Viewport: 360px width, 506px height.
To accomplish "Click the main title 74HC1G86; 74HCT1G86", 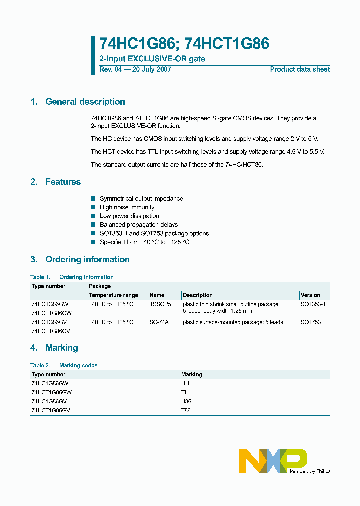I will point(184,44).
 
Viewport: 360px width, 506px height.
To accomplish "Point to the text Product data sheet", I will point(300,69).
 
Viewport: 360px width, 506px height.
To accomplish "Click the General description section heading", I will point(85,102).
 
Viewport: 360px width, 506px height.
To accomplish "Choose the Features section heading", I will point(63,182).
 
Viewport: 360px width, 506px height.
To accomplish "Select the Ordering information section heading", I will point(87,259).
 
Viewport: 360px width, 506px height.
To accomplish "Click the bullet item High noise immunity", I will point(127,207).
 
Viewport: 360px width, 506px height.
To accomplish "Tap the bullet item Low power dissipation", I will point(129,216).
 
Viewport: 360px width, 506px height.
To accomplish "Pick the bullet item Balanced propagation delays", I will point(138,225).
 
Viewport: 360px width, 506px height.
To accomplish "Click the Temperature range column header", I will point(113,295).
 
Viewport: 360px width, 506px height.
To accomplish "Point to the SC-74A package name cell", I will point(159,322).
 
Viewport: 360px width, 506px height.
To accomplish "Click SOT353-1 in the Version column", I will point(313,304).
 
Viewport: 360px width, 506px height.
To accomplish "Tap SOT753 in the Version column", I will point(311,322).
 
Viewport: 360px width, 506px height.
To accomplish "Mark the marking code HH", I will point(185,383).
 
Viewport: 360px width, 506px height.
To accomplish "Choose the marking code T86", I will point(186,410).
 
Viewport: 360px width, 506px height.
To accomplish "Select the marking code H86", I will point(186,401).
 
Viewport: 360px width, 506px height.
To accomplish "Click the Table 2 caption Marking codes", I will point(78,365).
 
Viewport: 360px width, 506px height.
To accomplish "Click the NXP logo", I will point(273,460).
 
